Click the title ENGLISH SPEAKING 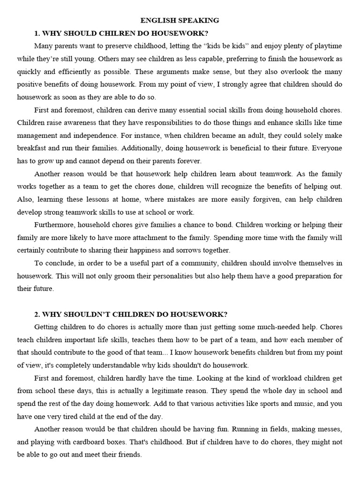point(180,20)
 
